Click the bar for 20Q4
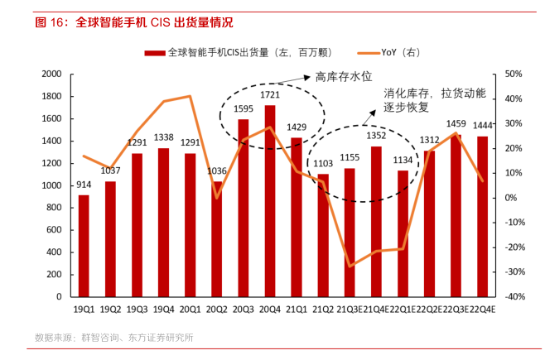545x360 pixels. click(x=270, y=200)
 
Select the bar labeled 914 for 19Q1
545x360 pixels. click(x=84, y=245)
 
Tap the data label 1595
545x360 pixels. click(x=244, y=109)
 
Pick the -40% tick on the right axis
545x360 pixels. click(x=513, y=296)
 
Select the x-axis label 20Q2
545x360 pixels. click(x=217, y=310)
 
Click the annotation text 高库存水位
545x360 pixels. click(x=339, y=76)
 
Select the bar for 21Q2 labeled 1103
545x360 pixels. click(x=323, y=235)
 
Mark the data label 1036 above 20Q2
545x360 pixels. click(x=217, y=171)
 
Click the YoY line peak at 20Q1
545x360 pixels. click(x=190, y=96)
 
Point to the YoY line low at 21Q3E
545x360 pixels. click(x=350, y=266)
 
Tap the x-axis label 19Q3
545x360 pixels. click(x=137, y=310)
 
